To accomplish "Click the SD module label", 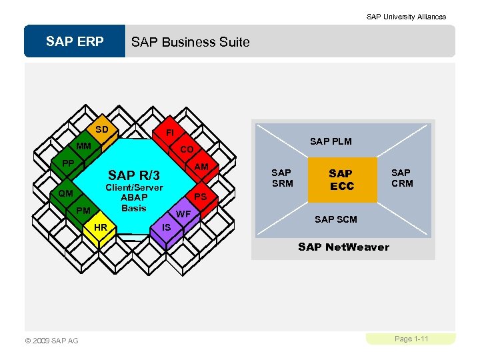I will [101, 129].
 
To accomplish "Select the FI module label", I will [170, 133].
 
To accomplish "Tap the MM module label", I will [83, 146].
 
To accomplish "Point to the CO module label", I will [187, 150].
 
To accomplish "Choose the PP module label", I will [67, 163].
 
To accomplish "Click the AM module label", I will [201, 166].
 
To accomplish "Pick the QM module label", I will [65, 193].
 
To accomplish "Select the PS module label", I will [200, 197].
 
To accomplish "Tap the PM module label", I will [83, 211].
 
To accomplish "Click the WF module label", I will [183, 214].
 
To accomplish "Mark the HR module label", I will [101, 227].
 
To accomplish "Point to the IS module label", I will [167, 227].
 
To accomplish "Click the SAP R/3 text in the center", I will [134, 175].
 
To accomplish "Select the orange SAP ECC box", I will [341, 179].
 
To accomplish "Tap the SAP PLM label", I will [331, 141].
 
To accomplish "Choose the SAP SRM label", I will [282, 178].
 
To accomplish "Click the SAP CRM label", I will [401, 178].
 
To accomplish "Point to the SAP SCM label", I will [335, 219].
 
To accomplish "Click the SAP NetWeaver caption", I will [343, 247].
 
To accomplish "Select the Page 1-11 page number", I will [411, 339].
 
